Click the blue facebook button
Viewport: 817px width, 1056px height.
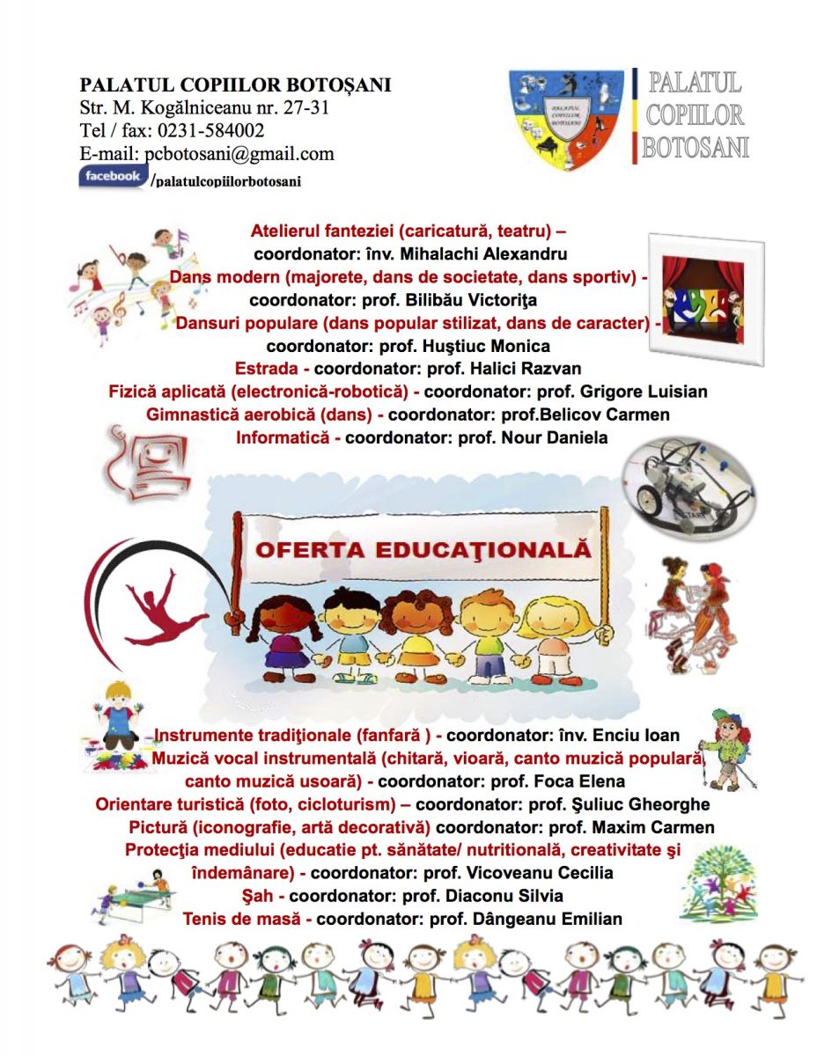click(112, 177)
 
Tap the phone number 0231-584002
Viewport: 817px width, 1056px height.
click(211, 131)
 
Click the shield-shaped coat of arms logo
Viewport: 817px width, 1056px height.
click(566, 119)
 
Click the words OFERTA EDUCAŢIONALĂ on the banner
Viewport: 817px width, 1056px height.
click(423, 550)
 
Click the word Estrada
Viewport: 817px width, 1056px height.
click(266, 369)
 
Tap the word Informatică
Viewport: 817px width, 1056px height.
click(283, 437)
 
